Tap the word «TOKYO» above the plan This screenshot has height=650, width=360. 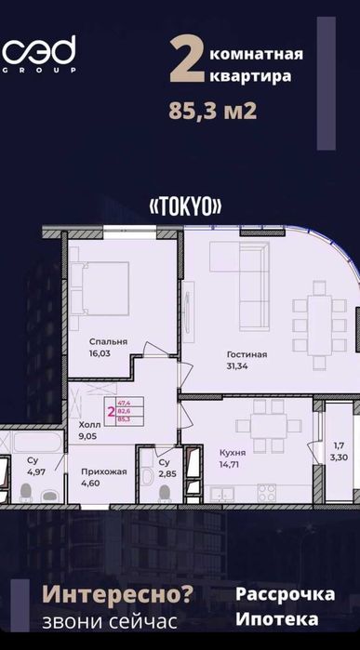[x=184, y=206]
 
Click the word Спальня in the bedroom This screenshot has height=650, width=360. [x=109, y=341]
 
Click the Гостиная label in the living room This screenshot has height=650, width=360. [x=247, y=354]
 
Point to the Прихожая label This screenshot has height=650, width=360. [x=103, y=472]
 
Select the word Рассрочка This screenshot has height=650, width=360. [x=277, y=593]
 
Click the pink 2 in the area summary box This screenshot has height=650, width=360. [x=111, y=408]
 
